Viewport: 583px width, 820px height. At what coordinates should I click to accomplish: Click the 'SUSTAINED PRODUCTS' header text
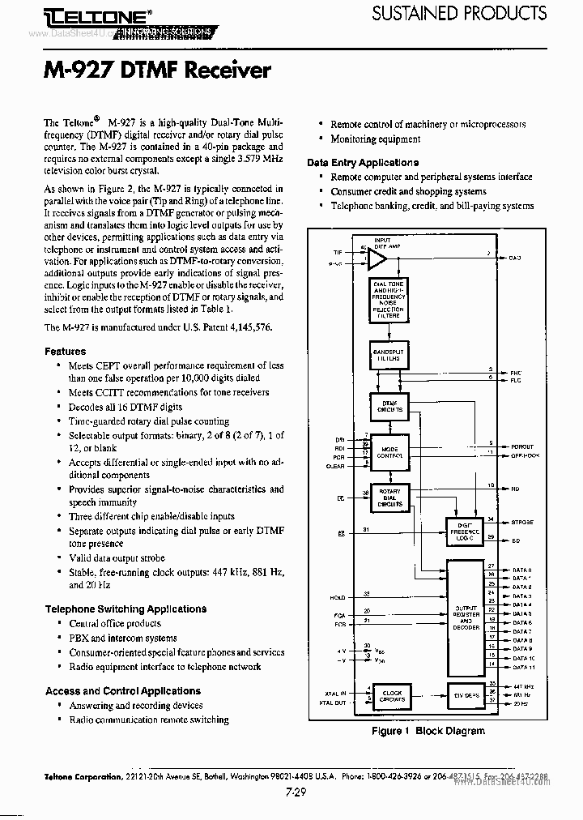tap(458, 13)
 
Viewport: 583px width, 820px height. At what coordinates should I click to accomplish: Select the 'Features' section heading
tap(65, 352)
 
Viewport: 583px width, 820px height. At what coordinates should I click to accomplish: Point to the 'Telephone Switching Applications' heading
tap(126, 609)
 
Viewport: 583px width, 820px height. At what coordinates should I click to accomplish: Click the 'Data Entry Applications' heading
tap(363, 162)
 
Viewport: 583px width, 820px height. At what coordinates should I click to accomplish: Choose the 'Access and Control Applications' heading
tap(123, 691)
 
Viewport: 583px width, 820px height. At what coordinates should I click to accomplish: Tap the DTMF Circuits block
tap(389, 407)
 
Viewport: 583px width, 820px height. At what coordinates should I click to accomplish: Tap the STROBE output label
tap(522, 523)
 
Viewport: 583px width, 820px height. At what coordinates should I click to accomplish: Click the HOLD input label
tap(337, 597)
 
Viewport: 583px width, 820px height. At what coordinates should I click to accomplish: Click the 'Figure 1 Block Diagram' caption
tap(428, 731)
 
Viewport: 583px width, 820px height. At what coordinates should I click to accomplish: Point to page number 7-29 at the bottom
tap(295, 793)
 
